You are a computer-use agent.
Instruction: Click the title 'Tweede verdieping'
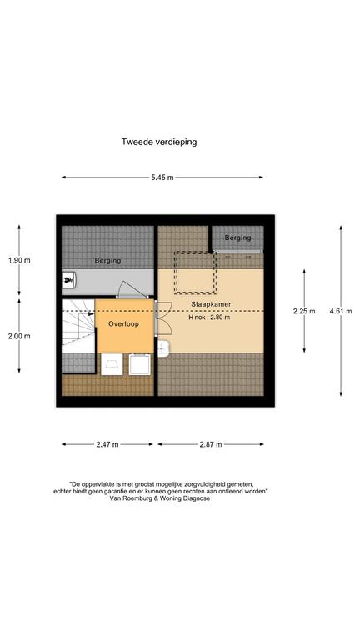point(159,142)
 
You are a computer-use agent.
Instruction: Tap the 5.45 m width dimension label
point(162,177)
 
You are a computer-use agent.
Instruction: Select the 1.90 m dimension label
point(19,260)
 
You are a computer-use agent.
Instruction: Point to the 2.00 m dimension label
point(19,337)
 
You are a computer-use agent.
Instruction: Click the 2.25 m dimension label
point(304,311)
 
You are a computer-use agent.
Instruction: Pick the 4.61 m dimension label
point(341,311)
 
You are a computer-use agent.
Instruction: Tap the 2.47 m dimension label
point(107,444)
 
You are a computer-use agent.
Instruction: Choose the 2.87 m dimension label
point(211,444)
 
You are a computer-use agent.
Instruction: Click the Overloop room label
point(123,323)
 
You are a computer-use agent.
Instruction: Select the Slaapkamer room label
point(211,304)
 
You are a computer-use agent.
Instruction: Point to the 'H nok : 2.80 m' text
point(209,317)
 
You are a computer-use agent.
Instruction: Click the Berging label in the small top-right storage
point(238,237)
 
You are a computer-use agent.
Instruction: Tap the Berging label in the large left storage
point(107,260)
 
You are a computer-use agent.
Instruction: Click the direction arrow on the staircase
point(91,313)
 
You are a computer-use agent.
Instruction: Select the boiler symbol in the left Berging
point(68,280)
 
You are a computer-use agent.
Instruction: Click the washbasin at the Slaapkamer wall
point(163,348)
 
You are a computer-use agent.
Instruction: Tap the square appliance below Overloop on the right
point(140,364)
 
